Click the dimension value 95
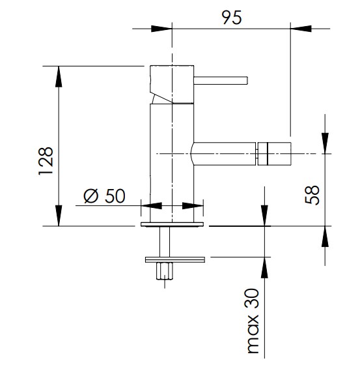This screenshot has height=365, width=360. [x=232, y=18]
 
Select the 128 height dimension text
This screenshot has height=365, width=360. [x=46, y=161]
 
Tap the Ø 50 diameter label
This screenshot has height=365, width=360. [x=104, y=196]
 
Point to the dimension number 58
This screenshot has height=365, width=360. [x=312, y=195]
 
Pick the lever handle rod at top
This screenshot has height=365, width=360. [x=221, y=80]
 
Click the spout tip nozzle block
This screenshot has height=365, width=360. [x=275, y=154]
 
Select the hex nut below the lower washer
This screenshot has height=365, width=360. [x=165, y=271]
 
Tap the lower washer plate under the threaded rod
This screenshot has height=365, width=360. [x=175, y=259]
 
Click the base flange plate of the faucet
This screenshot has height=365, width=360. [x=172, y=224]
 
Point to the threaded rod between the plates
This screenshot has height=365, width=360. [x=165, y=242]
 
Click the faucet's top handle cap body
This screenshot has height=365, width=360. [x=172, y=84]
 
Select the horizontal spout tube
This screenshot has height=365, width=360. [x=224, y=154]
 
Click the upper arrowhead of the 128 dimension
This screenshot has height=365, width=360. [x=59, y=77]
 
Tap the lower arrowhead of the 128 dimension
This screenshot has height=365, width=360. [x=59, y=216]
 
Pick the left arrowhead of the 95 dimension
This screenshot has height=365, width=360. [x=161, y=29]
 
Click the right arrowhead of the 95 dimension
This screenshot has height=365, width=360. [x=301, y=29]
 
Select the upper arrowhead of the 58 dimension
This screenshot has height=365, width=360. [x=325, y=143]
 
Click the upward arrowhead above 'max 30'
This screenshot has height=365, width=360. [x=264, y=267]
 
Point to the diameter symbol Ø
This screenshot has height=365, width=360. [x=90, y=196]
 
